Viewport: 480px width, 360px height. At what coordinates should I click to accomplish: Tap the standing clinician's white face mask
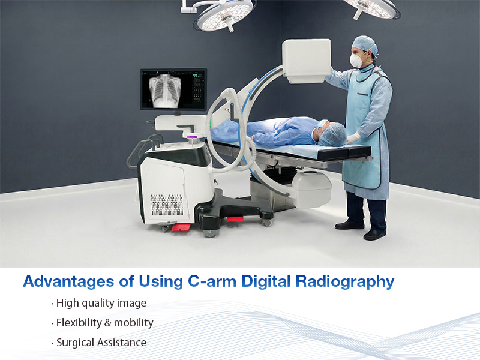[356, 60]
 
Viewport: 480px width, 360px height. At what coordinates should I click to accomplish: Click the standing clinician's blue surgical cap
[364, 43]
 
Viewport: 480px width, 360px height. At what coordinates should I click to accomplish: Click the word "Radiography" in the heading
[347, 281]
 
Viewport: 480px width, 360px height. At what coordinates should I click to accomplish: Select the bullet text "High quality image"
[101, 303]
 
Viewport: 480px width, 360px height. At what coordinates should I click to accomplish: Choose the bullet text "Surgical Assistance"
[101, 343]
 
